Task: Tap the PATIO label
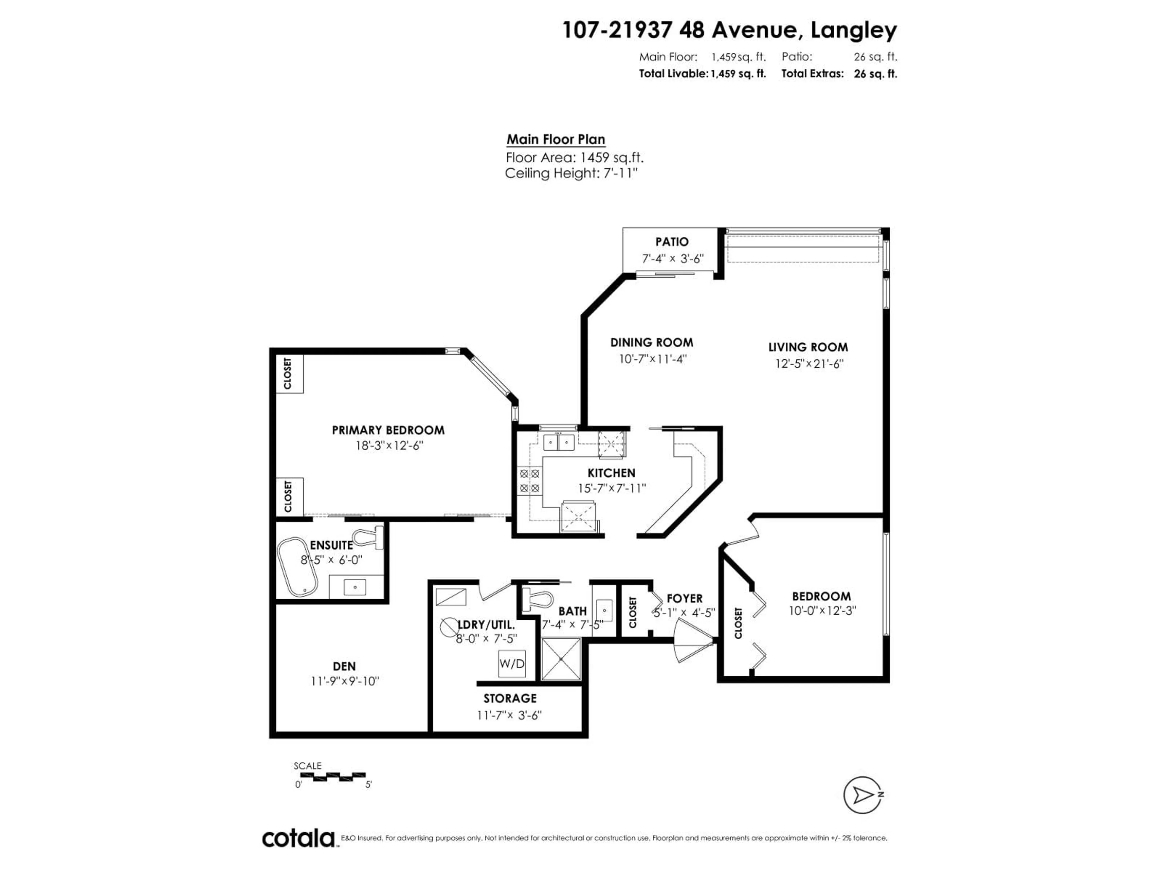tap(671, 242)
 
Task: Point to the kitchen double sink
tap(558, 442)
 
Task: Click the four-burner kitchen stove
tap(530, 481)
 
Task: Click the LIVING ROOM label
tap(808, 347)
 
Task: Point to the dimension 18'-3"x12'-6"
tap(389, 446)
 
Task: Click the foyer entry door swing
tap(692, 640)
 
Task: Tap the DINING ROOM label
tap(652, 343)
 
